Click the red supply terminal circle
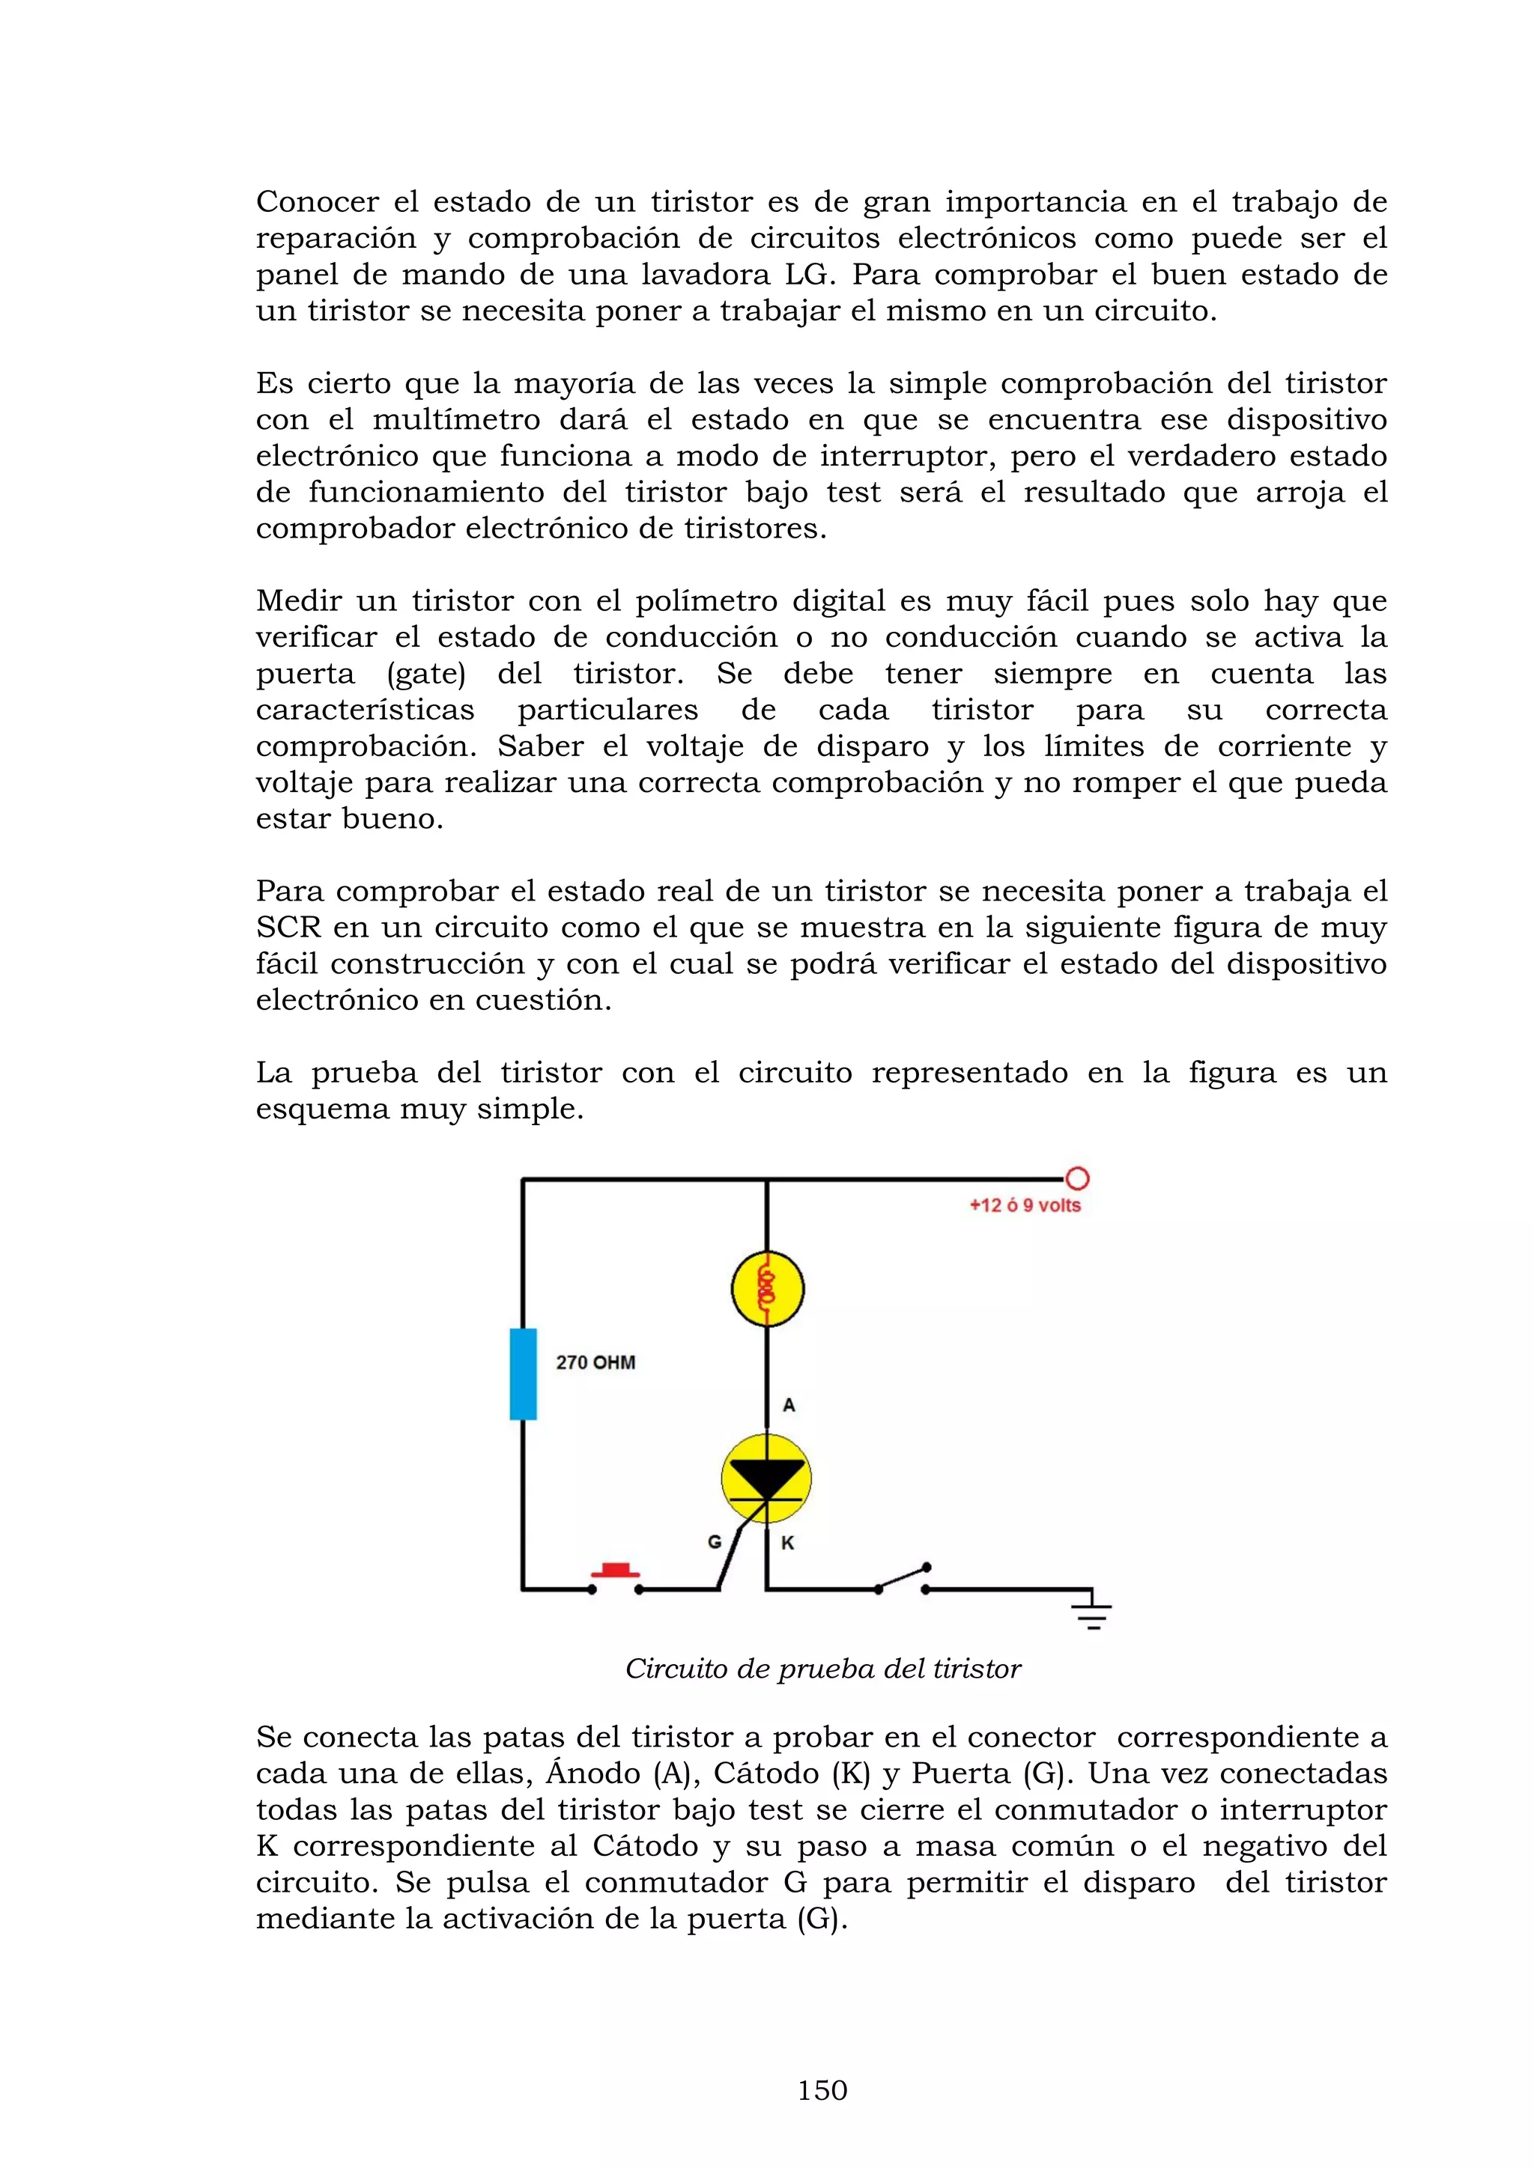(x=1077, y=1178)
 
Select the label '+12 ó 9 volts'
(x=1025, y=1206)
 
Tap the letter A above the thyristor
(x=789, y=1405)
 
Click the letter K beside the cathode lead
(x=788, y=1543)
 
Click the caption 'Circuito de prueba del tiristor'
(x=822, y=1669)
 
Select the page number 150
(x=822, y=2091)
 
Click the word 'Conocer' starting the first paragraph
(x=318, y=202)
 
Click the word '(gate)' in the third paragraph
(x=426, y=675)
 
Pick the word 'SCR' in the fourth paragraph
(x=288, y=928)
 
